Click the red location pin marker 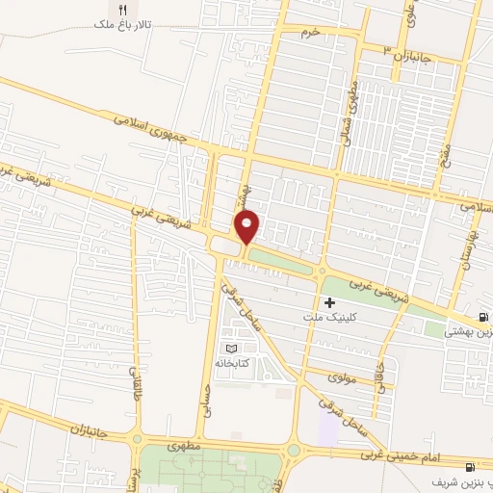coord(248,227)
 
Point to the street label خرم coord(309,33)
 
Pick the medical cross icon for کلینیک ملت coord(330,302)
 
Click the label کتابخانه coord(230,362)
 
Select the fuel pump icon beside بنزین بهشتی coord(483,318)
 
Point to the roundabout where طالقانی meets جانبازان coord(138,436)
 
